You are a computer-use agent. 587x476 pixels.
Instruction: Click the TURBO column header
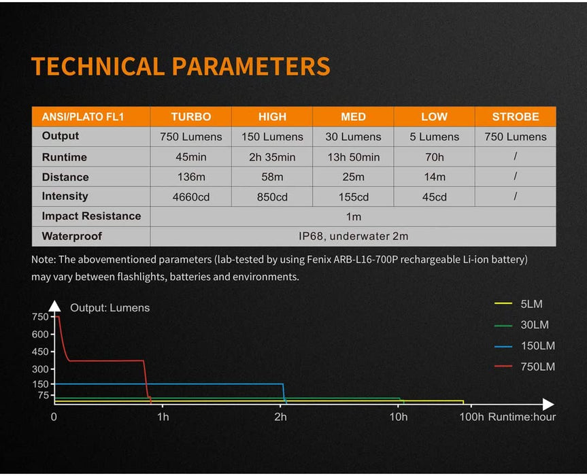pos(190,116)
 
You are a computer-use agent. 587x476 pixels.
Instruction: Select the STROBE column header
pos(515,116)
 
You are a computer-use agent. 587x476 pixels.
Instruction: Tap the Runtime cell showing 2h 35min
pos(272,157)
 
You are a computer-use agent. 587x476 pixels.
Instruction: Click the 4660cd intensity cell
pos(190,197)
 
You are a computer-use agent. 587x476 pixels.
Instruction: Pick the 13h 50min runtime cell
pos(353,157)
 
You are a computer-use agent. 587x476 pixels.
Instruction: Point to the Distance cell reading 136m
pos(190,177)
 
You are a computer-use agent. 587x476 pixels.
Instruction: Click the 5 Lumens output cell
pos(434,137)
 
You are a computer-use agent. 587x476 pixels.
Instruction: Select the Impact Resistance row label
pos(91,216)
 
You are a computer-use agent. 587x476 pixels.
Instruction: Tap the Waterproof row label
pos(71,237)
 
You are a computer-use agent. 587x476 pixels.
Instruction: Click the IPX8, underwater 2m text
pos(353,237)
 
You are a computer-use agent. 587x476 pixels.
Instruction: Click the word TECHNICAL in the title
pos(97,67)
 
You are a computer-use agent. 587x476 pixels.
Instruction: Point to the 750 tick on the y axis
pos(40,316)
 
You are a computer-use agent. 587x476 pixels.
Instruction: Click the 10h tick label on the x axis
pos(399,417)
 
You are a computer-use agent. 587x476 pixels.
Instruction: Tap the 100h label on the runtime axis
pos(471,417)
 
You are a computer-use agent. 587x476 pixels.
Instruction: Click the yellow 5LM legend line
pos(503,303)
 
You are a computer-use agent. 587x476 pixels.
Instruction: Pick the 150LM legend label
pos(538,346)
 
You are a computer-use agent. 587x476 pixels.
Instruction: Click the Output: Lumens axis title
pos(110,307)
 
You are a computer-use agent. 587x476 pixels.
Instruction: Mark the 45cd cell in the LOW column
pos(434,197)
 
